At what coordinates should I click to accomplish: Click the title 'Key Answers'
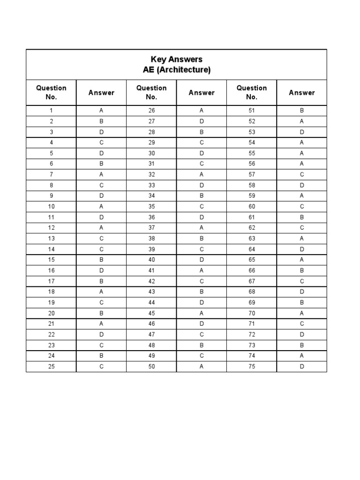(x=176, y=60)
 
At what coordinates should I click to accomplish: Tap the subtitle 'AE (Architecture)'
(x=176, y=70)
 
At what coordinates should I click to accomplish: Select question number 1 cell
(x=51, y=111)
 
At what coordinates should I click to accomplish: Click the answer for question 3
(x=101, y=132)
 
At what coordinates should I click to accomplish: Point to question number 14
(x=51, y=249)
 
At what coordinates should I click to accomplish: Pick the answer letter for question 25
(x=101, y=367)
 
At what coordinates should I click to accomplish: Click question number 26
(x=151, y=111)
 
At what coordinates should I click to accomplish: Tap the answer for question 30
(x=202, y=153)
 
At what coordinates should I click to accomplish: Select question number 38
(x=151, y=239)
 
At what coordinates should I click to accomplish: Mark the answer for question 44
(x=202, y=302)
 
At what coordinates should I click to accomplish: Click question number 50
(x=151, y=367)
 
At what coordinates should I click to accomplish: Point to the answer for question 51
(x=302, y=111)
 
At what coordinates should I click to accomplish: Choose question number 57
(x=252, y=175)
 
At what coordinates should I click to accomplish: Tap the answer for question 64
(x=302, y=249)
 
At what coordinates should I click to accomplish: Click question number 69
(x=252, y=302)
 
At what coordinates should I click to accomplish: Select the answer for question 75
(x=302, y=367)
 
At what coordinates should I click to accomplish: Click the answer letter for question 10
(x=101, y=207)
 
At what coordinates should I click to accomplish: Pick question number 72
(x=252, y=335)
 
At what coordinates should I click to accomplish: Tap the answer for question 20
(x=101, y=313)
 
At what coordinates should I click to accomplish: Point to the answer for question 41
(x=202, y=270)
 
